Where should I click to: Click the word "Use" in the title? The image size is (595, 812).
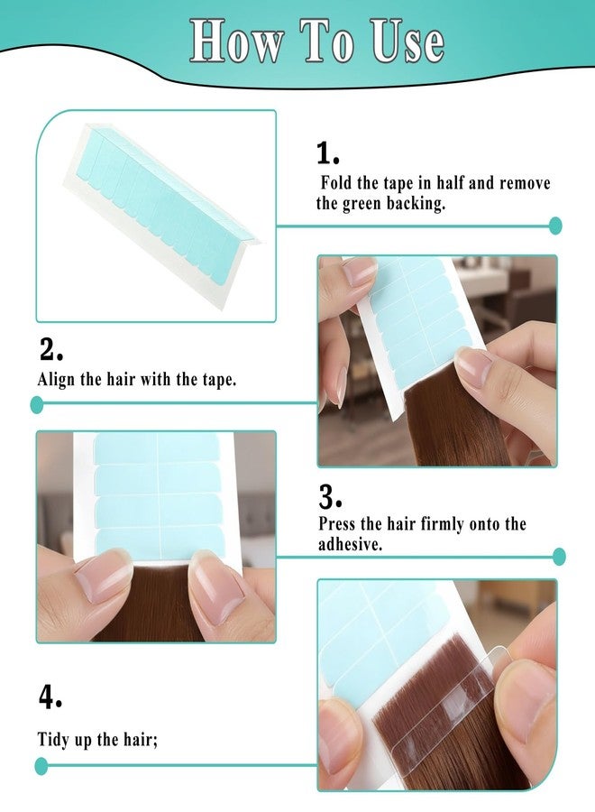click(x=407, y=42)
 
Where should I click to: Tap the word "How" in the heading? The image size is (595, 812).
click(x=236, y=42)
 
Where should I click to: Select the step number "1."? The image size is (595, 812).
click(x=327, y=153)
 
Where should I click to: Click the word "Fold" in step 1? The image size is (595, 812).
click(x=336, y=183)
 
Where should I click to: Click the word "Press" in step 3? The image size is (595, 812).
click(x=336, y=523)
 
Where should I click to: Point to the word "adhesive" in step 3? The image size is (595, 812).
click(x=348, y=544)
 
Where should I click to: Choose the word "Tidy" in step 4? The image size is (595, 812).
click(x=52, y=740)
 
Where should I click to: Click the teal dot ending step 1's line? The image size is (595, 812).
click(x=555, y=226)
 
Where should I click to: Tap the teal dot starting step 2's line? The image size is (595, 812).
click(x=37, y=404)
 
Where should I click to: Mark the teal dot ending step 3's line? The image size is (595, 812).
click(x=559, y=557)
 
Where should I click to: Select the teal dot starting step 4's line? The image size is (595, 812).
click(x=41, y=766)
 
